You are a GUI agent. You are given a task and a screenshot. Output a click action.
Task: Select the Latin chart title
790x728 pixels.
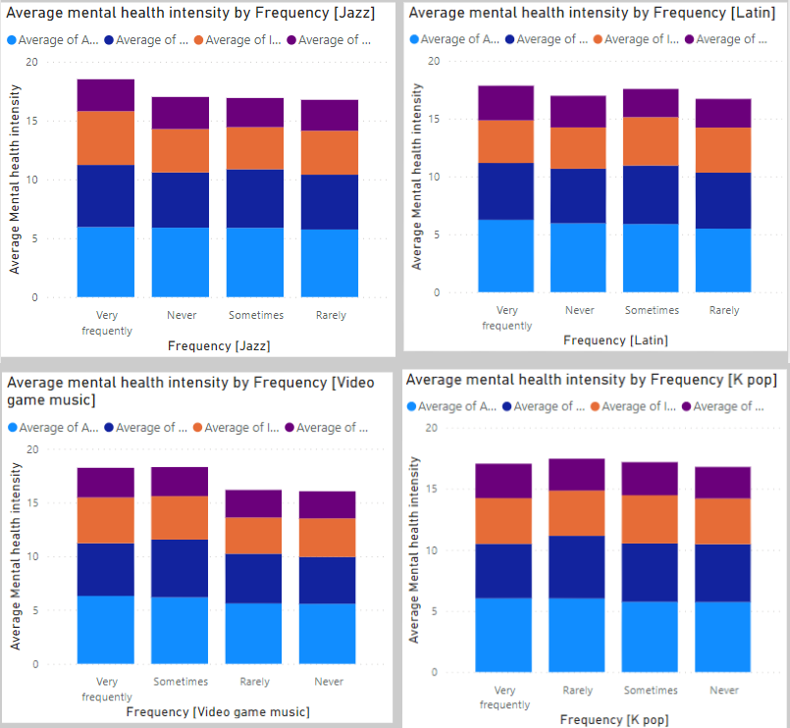pyautogui.click(x=594, y=12)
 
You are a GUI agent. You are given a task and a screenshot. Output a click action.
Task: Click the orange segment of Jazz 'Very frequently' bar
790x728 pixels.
pyautogui.click(x=106, y=137)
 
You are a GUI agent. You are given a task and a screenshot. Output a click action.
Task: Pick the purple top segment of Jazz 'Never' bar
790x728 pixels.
pyautogui.click(x=181, y=113)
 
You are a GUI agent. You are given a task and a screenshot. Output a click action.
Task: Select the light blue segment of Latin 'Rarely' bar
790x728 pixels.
pyautogui.click(x=724, y=260)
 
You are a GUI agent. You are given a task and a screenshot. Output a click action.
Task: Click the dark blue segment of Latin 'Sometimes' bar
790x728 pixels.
pyautogui.click(x=651, y=194)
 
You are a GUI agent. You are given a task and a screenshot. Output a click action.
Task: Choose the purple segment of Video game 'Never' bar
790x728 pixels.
pyautogui.click(x=328, y=504)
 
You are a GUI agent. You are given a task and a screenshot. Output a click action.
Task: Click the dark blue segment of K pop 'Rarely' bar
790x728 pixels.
pyautogui.click(x=577, y=566)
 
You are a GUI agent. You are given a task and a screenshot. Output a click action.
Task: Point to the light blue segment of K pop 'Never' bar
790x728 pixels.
pyautogui.click(x=722, y=636)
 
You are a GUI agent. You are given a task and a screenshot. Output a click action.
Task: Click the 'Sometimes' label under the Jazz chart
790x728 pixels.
pyautogui.click(x=256, y=316)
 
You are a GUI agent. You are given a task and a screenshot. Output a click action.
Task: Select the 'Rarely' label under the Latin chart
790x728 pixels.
pyautogui.click(x=724, y=310)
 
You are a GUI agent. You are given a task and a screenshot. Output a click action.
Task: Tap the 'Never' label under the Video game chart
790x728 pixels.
pyautogui.click(x=328, y=681)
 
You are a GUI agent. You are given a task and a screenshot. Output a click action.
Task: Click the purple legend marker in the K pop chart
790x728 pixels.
pyautogui.click(x=688, y=406)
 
